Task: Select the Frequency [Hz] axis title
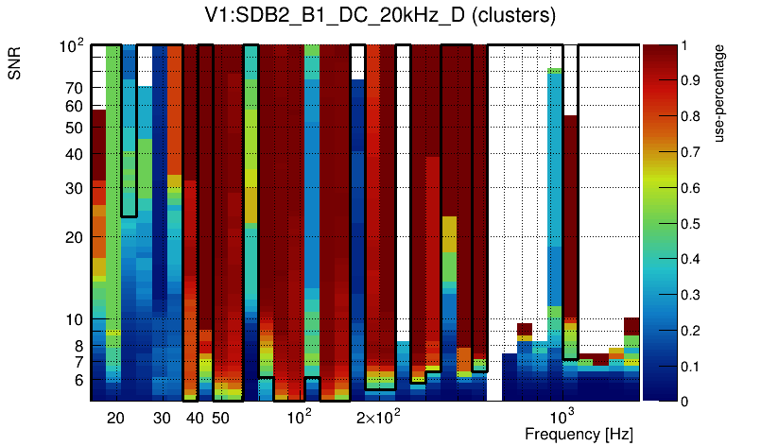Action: pos(579,435)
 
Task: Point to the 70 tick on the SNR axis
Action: pos(74,88)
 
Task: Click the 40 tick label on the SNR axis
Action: pos(74,154)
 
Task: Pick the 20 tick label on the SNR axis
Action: pos(74,237)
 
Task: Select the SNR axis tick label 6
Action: pos(78,380)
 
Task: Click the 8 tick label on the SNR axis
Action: pos(78,346)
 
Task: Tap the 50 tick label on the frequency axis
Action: pos(219,418)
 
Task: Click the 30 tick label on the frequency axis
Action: pos(162,418)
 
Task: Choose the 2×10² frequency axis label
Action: pos(378,417)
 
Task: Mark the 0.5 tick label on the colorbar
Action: pos(691,224)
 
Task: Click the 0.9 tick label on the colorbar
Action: pos(691,81)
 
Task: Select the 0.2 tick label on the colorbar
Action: pos(691,331)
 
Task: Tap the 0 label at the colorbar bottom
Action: pos(686,402)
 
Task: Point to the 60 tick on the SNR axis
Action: pos(74,107)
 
